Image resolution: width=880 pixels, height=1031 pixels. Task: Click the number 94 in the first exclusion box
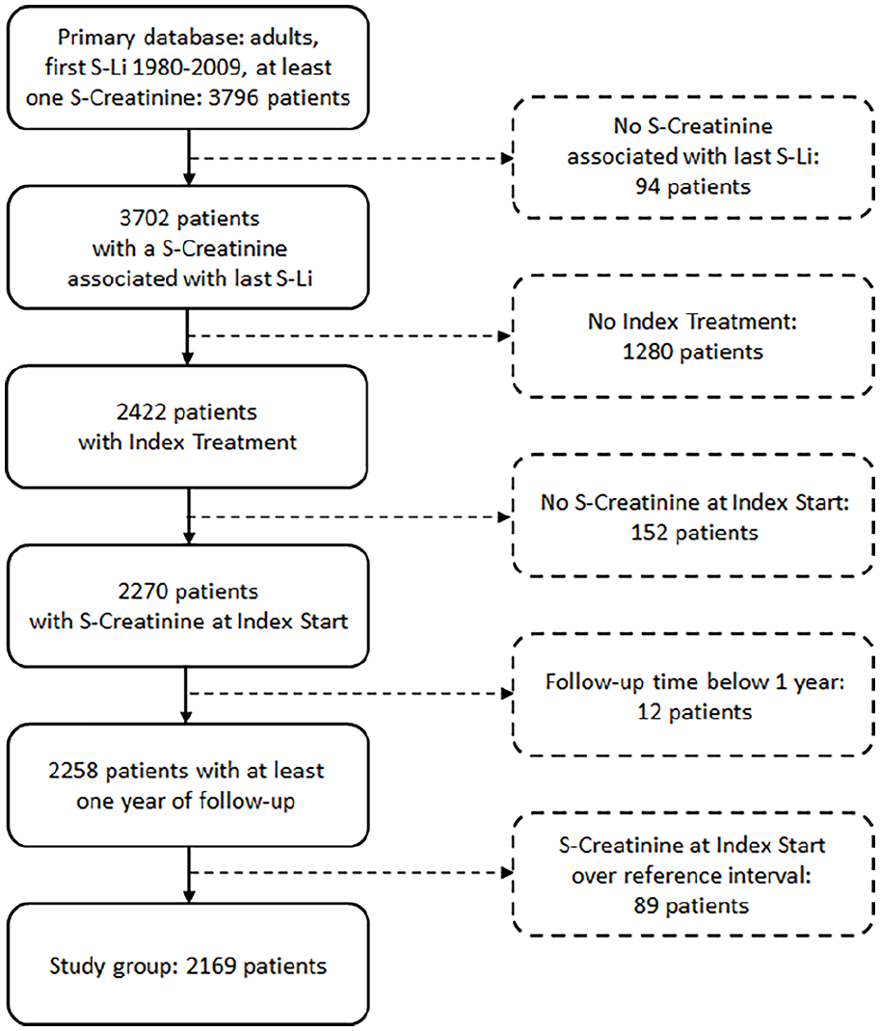(x=647, y=187)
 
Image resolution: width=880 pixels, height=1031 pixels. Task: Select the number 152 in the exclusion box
(x=649, y=533)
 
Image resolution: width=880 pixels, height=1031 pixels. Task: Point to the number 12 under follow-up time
(x=649, y=712)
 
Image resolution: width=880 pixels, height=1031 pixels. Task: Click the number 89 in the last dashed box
(x=646, y=906)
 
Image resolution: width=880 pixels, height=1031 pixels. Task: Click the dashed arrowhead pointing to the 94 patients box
(x=507, y=158)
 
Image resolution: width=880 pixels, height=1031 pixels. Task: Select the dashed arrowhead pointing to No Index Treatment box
(x=506, y=336)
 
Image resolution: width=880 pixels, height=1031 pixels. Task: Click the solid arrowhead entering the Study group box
(x=189, y=897)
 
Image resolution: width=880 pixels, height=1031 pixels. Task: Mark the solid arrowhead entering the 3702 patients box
(x=189, y=179)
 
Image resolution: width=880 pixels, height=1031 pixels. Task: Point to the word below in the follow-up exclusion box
(x=737, y=682)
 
